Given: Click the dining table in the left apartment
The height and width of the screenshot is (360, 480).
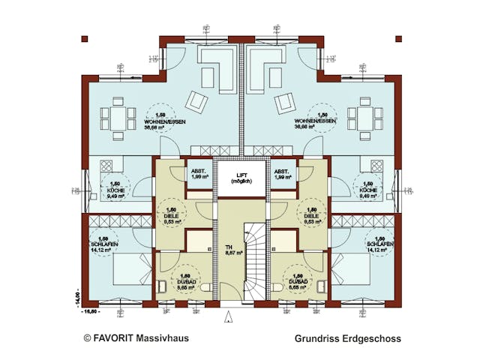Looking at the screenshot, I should (116, 118).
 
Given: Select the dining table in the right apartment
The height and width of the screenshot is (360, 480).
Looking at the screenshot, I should (366, 118).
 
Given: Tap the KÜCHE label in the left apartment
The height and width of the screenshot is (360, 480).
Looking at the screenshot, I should (115, 191).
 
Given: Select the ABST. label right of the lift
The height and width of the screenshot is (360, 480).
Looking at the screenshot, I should (283, 170).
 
